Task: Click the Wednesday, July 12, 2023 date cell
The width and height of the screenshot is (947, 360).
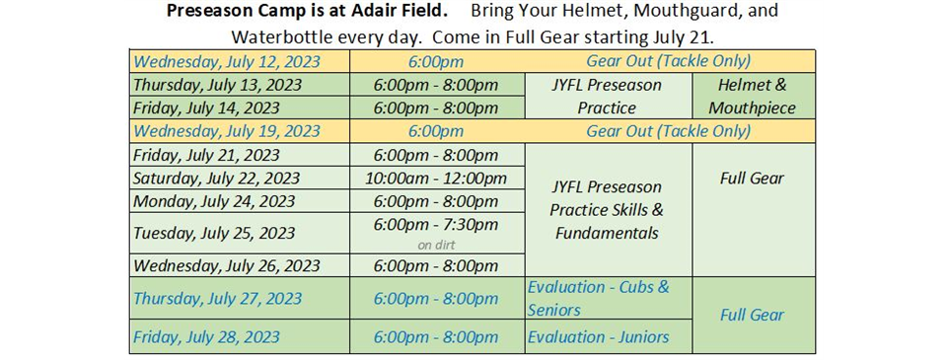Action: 239,61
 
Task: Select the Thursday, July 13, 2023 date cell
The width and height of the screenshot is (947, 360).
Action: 239,85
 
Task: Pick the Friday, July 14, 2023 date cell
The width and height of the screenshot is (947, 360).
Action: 239,108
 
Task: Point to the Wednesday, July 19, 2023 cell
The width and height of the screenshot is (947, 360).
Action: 239,131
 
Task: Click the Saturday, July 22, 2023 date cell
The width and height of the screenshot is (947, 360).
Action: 239,178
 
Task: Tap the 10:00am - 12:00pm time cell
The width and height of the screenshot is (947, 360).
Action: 437,178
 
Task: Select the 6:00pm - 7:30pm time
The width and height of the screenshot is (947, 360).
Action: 436,225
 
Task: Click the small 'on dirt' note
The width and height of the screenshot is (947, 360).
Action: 436,246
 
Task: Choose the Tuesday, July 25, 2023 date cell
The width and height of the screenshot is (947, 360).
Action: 239,233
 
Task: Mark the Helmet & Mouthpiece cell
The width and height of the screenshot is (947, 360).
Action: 753,96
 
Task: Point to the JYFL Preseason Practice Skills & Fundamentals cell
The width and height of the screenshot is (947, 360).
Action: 609,210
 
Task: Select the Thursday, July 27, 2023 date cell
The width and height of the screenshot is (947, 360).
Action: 239,299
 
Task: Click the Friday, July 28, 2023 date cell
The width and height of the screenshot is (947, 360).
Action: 239,336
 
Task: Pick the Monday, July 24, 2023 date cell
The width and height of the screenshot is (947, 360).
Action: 239,200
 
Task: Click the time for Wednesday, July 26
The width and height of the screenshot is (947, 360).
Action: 437,265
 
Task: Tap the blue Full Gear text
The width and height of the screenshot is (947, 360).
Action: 752,315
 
